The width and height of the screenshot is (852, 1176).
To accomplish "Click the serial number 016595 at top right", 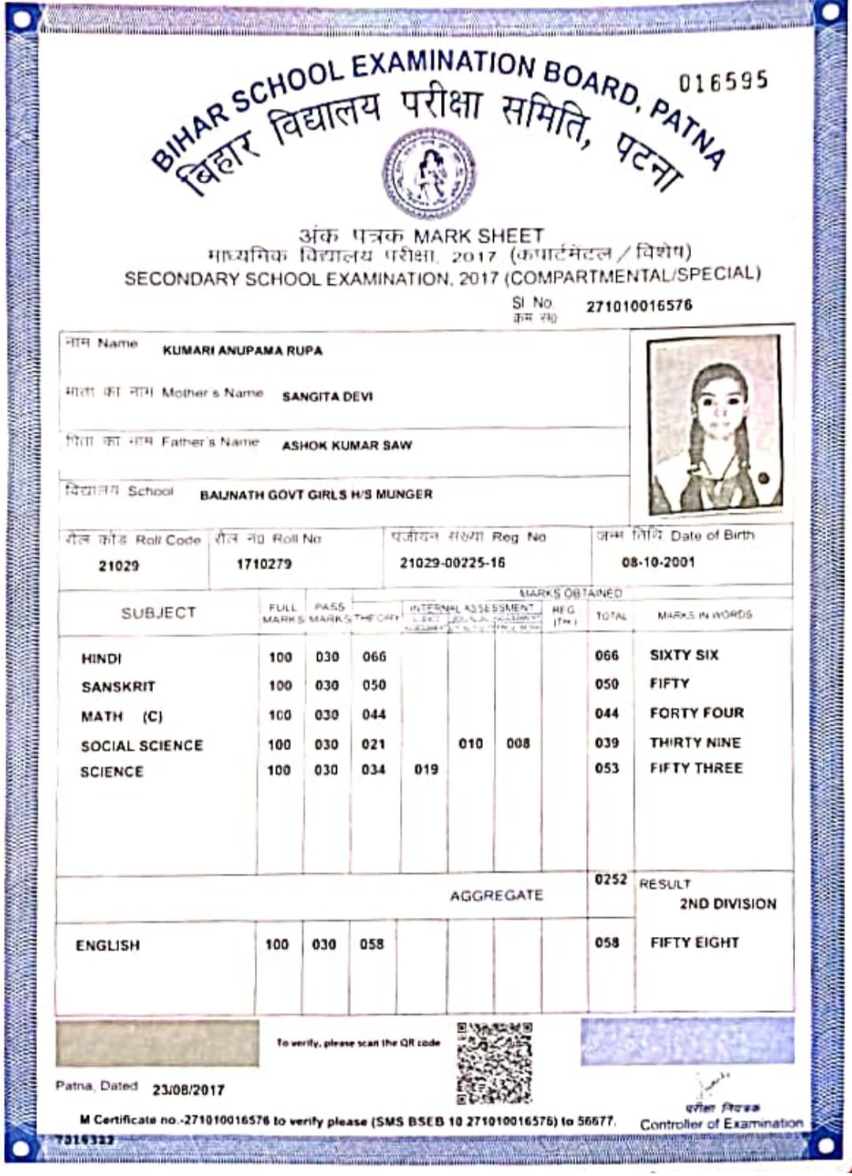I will [723, 81].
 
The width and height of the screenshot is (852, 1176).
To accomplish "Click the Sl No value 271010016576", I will [639, 306].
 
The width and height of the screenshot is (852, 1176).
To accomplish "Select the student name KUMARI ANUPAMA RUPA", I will [242, 350].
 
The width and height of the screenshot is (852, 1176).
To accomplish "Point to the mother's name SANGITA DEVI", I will [327, 397].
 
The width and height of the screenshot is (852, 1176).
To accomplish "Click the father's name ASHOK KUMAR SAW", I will [347, 445].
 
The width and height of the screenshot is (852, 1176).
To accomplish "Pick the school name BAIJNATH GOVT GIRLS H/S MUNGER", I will [316, 495].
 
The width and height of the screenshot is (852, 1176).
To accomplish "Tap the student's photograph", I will [714, 426].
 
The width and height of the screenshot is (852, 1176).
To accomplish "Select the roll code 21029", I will [118, 566].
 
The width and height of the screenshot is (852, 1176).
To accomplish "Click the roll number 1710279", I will [263, 564].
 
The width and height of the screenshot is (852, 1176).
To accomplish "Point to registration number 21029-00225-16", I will [452, 563].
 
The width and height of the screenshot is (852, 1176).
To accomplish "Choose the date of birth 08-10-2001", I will [658, 563].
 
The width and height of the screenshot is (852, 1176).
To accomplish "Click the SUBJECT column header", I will [158, 613].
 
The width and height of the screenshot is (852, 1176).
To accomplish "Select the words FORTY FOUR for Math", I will [697, 713].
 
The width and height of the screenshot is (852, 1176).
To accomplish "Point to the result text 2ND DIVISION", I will [727, 904].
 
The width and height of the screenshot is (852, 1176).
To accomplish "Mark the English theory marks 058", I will [372, 945].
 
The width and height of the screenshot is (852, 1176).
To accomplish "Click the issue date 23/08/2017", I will [189, 1090].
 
